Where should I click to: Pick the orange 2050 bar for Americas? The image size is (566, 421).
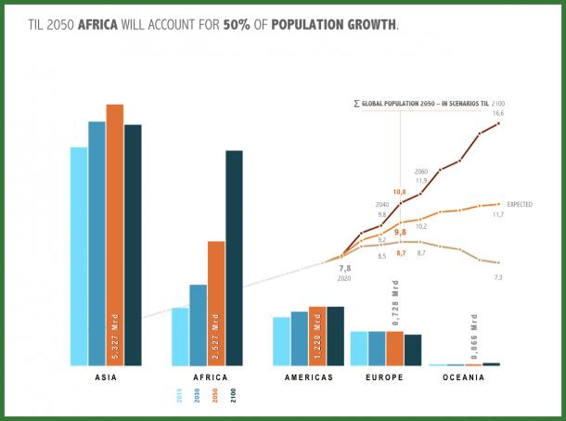click(x=317, y=336)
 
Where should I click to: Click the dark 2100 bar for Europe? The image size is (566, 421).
click(x=413, y=350)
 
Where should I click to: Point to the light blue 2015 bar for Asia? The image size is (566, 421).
click(x=79, y=256)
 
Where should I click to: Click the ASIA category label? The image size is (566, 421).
click(x=106, y=377)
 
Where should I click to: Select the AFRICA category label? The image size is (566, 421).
click(x=210, y=377)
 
